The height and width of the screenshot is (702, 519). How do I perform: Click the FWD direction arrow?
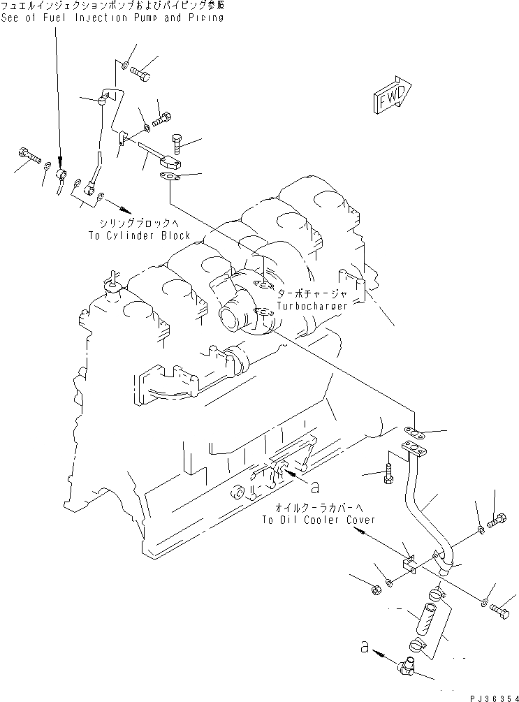[x=393, y=96]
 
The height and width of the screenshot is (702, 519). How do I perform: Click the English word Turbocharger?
[x=310, y=306]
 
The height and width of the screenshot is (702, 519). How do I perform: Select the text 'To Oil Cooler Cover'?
[x=319, y=520]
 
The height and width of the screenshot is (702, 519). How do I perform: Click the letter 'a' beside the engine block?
[x=314, y=484]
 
